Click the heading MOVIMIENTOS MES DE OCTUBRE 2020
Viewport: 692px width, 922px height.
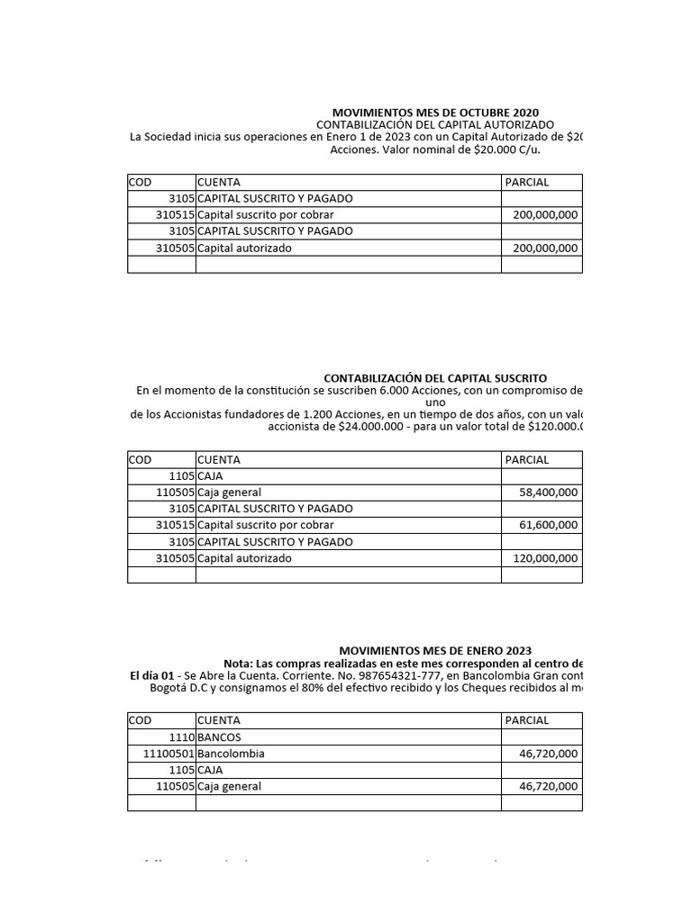click(435, 112)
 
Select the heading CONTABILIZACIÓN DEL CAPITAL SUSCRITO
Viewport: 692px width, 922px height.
click(435, 378)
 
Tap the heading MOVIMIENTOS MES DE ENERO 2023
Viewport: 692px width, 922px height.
click(435, 650)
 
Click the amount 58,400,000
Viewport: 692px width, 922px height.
click(549, 493)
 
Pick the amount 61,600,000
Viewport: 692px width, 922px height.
click(549, 525)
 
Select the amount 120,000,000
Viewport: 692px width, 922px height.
click(545, 558)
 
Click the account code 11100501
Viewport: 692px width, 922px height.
click(168, 754)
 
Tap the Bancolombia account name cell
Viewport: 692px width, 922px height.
click(231, 754)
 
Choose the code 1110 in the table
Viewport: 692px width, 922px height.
click(181, 737)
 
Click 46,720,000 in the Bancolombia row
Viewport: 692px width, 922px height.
click(549, 754)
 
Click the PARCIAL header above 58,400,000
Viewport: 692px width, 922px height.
click(527, 460)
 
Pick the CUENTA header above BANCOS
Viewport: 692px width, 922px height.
click(219, 720)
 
